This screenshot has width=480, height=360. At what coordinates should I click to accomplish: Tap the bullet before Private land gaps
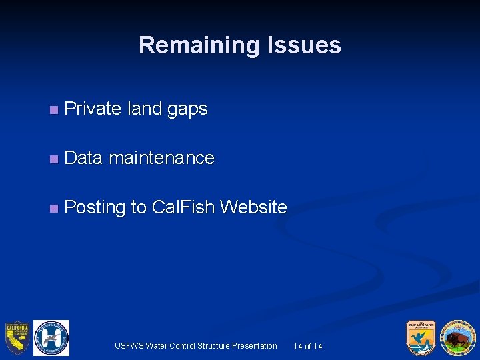point(53,109)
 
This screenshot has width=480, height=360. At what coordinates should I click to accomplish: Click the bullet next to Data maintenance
point(53,159)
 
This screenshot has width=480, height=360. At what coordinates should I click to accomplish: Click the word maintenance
point(161,158)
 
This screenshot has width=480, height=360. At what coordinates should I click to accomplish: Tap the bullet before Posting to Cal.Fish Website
point(53,208)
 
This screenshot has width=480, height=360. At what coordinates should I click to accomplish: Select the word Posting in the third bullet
point(95,208)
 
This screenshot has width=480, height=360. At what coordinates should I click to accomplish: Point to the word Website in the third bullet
point(253,207)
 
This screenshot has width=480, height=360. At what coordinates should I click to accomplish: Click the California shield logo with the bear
point(16,338)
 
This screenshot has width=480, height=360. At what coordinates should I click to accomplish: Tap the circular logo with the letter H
point(51,338)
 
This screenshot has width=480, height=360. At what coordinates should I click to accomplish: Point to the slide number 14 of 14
point(308,347)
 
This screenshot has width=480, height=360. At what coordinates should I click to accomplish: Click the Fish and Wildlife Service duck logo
point(422,338)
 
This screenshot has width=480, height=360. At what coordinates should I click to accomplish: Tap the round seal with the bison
point(458,338)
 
